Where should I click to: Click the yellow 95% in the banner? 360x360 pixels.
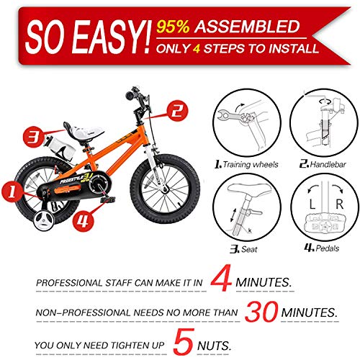(173, 26)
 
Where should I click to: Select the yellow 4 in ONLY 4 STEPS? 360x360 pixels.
(197, 49)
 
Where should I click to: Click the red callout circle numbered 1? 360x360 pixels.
(12, 192)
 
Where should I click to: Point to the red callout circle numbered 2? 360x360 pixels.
(178, 111)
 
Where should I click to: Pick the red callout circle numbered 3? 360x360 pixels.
(33, 137)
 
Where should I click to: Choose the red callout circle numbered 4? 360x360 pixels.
(83, 221)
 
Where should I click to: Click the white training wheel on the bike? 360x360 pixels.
(44, 221)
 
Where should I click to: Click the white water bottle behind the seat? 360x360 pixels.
(60, 148)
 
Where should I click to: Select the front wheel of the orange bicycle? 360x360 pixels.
(165, 189)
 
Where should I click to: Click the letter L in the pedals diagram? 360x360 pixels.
(312, 204)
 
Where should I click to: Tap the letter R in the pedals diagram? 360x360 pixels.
(339, 204)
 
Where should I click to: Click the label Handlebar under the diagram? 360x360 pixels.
(328, 164)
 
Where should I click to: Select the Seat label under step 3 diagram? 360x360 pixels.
(249, 249)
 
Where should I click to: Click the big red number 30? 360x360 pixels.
(261, 311)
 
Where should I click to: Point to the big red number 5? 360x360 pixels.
(184, 342)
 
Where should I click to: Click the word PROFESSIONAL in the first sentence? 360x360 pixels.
(69, 283)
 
